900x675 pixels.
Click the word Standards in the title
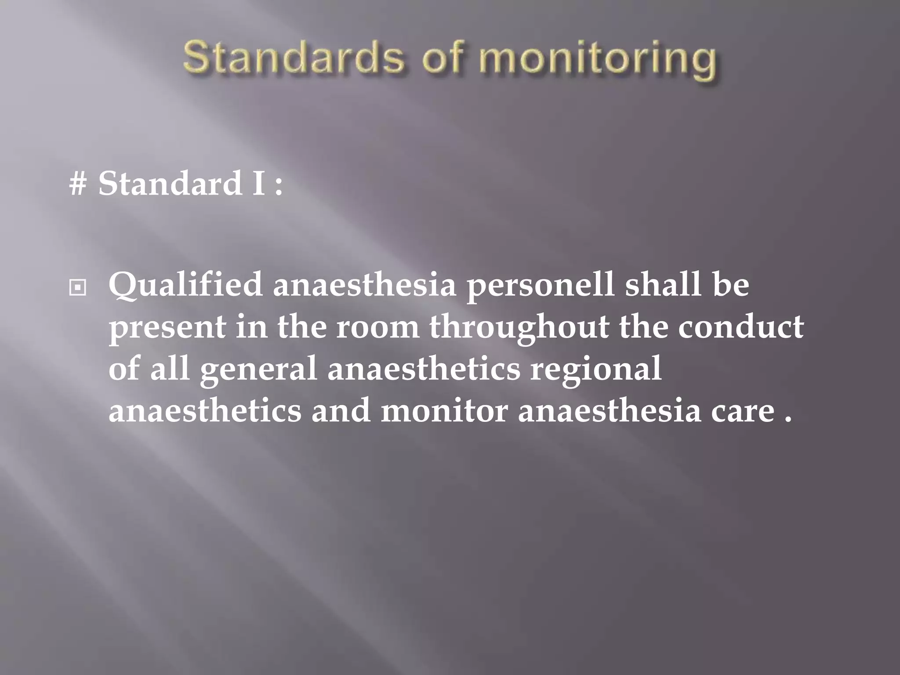click(x=292, y=58)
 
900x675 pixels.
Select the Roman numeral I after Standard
click(x=258, y=183)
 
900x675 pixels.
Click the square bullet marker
click(x=78, y=288)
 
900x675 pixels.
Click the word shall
click(x=663, y=284)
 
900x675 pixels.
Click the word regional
click(x=595, y=369)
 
